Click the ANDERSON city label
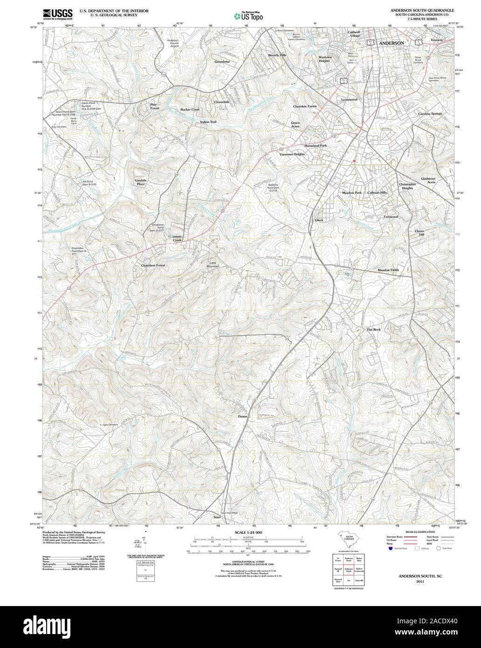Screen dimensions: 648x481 pos(391,43)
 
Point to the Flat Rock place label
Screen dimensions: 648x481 pos(373,330)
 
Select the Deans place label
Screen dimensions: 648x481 pos(242,416)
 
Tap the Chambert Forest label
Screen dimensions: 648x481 pos(153,265)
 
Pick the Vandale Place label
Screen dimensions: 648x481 pos(140,182)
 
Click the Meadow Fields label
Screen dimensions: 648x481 pos(388,270)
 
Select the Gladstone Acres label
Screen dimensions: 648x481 pos(428,180)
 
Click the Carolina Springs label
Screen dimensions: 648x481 pos(430,114)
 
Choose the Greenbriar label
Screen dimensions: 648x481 pos(222,62)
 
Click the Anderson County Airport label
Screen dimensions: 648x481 pos(173,43)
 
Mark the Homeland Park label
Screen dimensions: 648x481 pos(316,146)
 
